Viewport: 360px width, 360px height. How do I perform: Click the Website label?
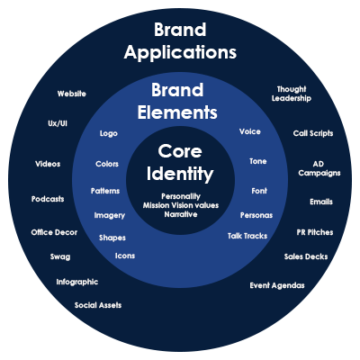pos(72,94)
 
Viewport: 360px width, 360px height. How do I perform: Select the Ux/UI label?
pos(58,123)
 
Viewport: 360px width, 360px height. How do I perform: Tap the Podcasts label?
pos(48,199)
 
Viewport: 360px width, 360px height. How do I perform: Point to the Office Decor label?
pos(54,232)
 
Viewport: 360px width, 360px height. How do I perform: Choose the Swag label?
pos(60,257)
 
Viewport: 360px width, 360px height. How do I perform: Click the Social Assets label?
pos(98,305)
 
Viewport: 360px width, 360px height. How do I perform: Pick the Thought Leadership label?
pos(292,94)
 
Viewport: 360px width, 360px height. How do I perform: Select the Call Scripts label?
pos(313,133)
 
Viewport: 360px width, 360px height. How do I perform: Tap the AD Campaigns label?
pos(319,168)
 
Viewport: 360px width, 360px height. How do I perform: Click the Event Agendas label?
pos(277,285)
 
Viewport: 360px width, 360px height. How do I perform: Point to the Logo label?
pos(109,133)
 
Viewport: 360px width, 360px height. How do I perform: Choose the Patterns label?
pos(105,191)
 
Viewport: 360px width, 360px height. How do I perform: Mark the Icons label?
pos(125,256)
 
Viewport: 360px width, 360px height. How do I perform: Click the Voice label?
pos(250,131)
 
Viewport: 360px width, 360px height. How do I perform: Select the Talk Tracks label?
pos(247,236)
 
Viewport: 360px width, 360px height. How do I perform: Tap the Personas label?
pos(256,215)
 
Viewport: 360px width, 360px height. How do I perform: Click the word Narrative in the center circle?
pos(181,214)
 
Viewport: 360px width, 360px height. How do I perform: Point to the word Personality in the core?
pos(181,196)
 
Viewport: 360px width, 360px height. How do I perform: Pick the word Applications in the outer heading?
pos(180,52)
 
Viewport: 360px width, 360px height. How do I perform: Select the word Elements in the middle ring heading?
pos(177,112)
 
